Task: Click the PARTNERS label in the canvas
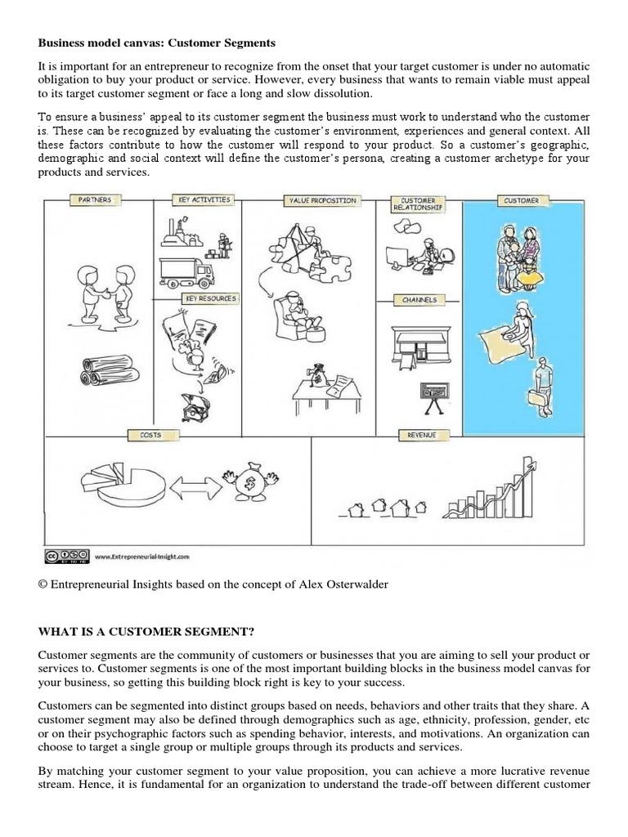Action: coord(96,199)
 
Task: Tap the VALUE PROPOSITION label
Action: coord(321,200)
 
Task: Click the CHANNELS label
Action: coord(419,300)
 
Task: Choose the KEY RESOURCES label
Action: coord(210,298)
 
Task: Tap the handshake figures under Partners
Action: coord(97,287)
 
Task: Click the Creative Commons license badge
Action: coord(65,556)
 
